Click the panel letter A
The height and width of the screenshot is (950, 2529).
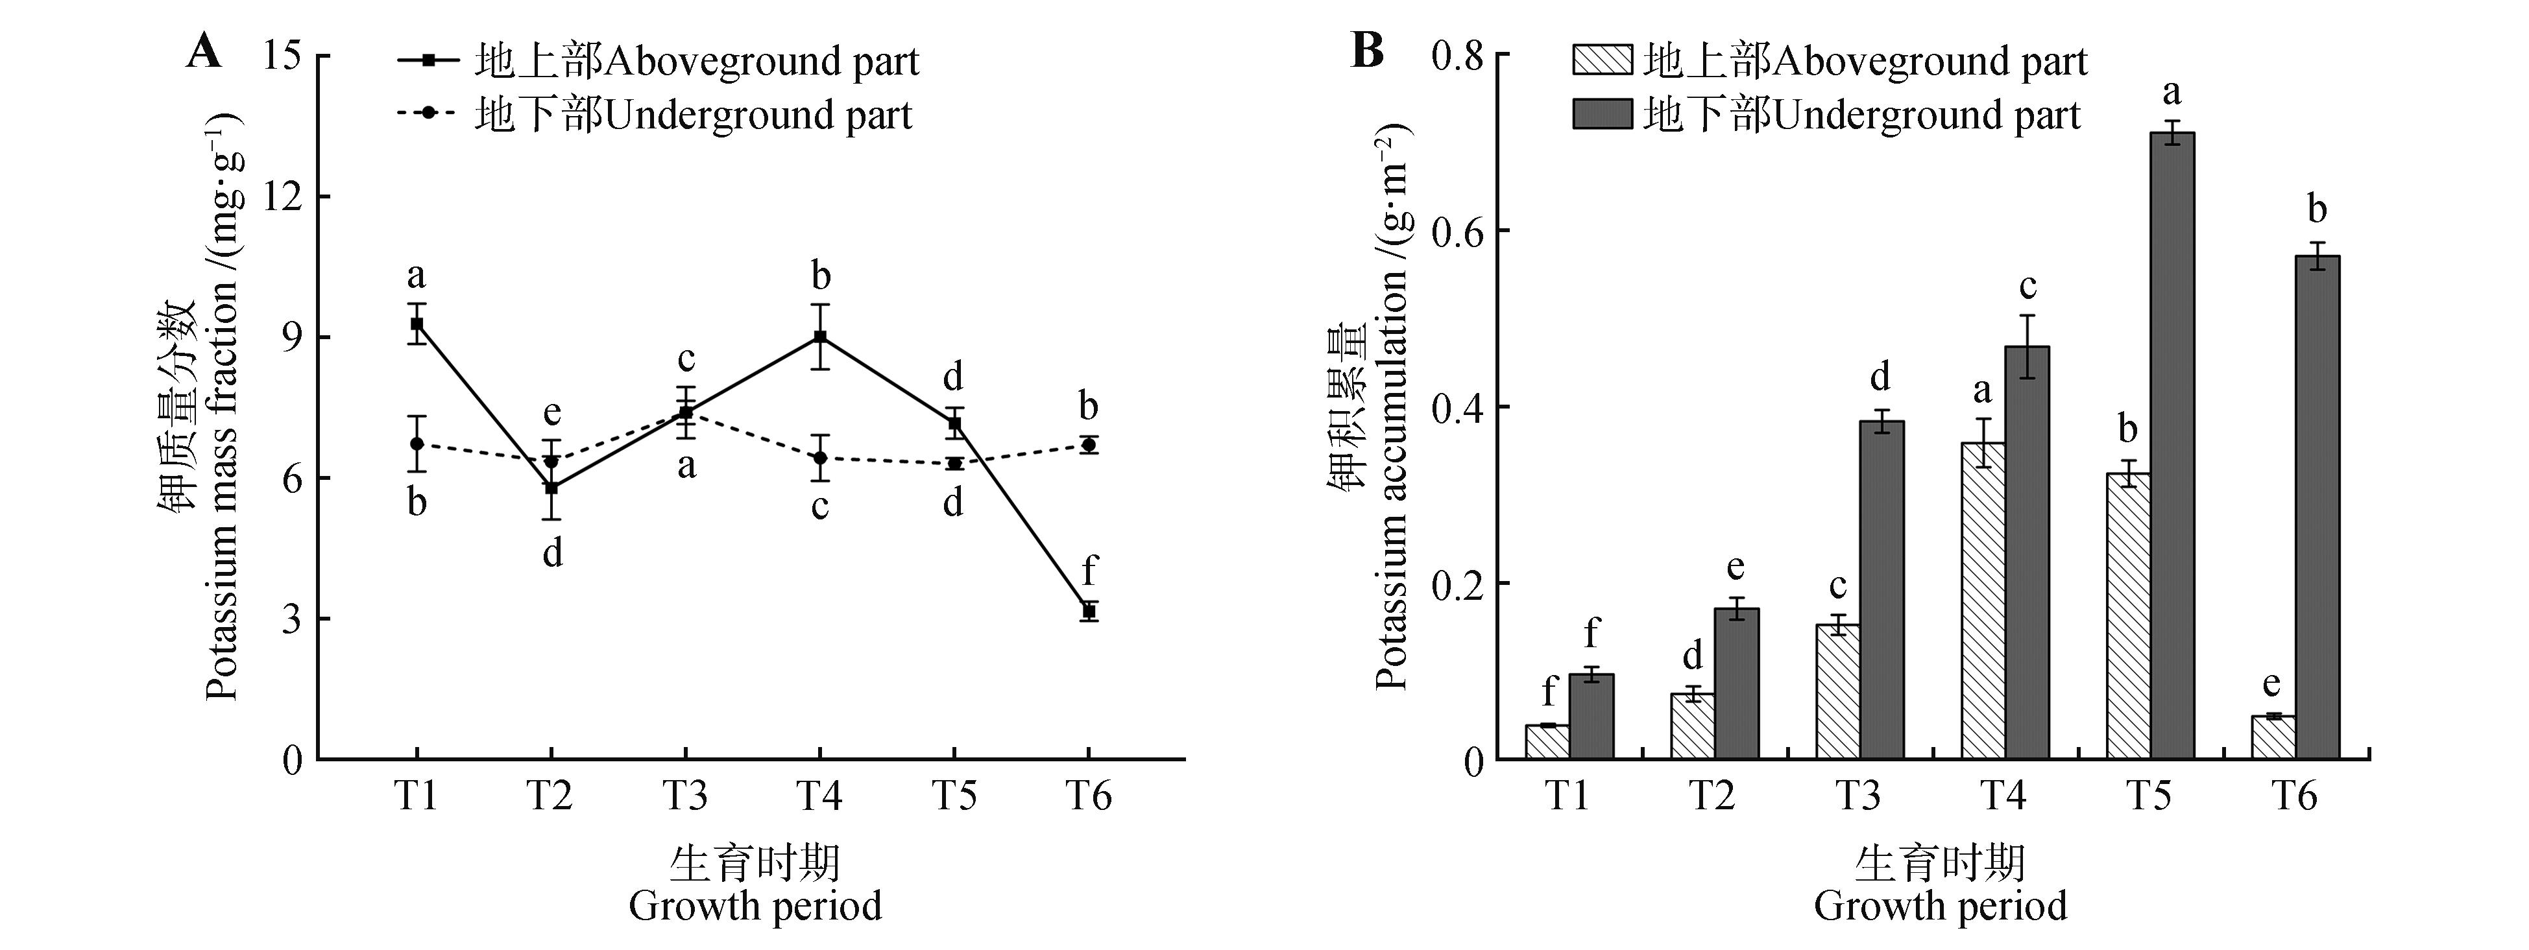tap(204, 51)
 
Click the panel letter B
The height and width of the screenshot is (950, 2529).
tap(1368, 51)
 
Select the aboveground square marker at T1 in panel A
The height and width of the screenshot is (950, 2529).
tap(417, 324)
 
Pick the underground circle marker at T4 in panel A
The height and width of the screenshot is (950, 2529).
tap(820, 457)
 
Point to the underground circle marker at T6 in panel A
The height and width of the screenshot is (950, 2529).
tap(1089, 445)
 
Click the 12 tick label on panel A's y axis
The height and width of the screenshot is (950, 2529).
tap(283, 196)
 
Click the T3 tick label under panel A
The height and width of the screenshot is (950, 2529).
tap(684, 796)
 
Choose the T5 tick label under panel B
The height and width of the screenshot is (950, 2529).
tap(2148, 796)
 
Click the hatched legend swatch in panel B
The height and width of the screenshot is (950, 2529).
tap(1603, 61)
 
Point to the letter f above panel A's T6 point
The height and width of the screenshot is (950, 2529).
tap(1089, 570)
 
